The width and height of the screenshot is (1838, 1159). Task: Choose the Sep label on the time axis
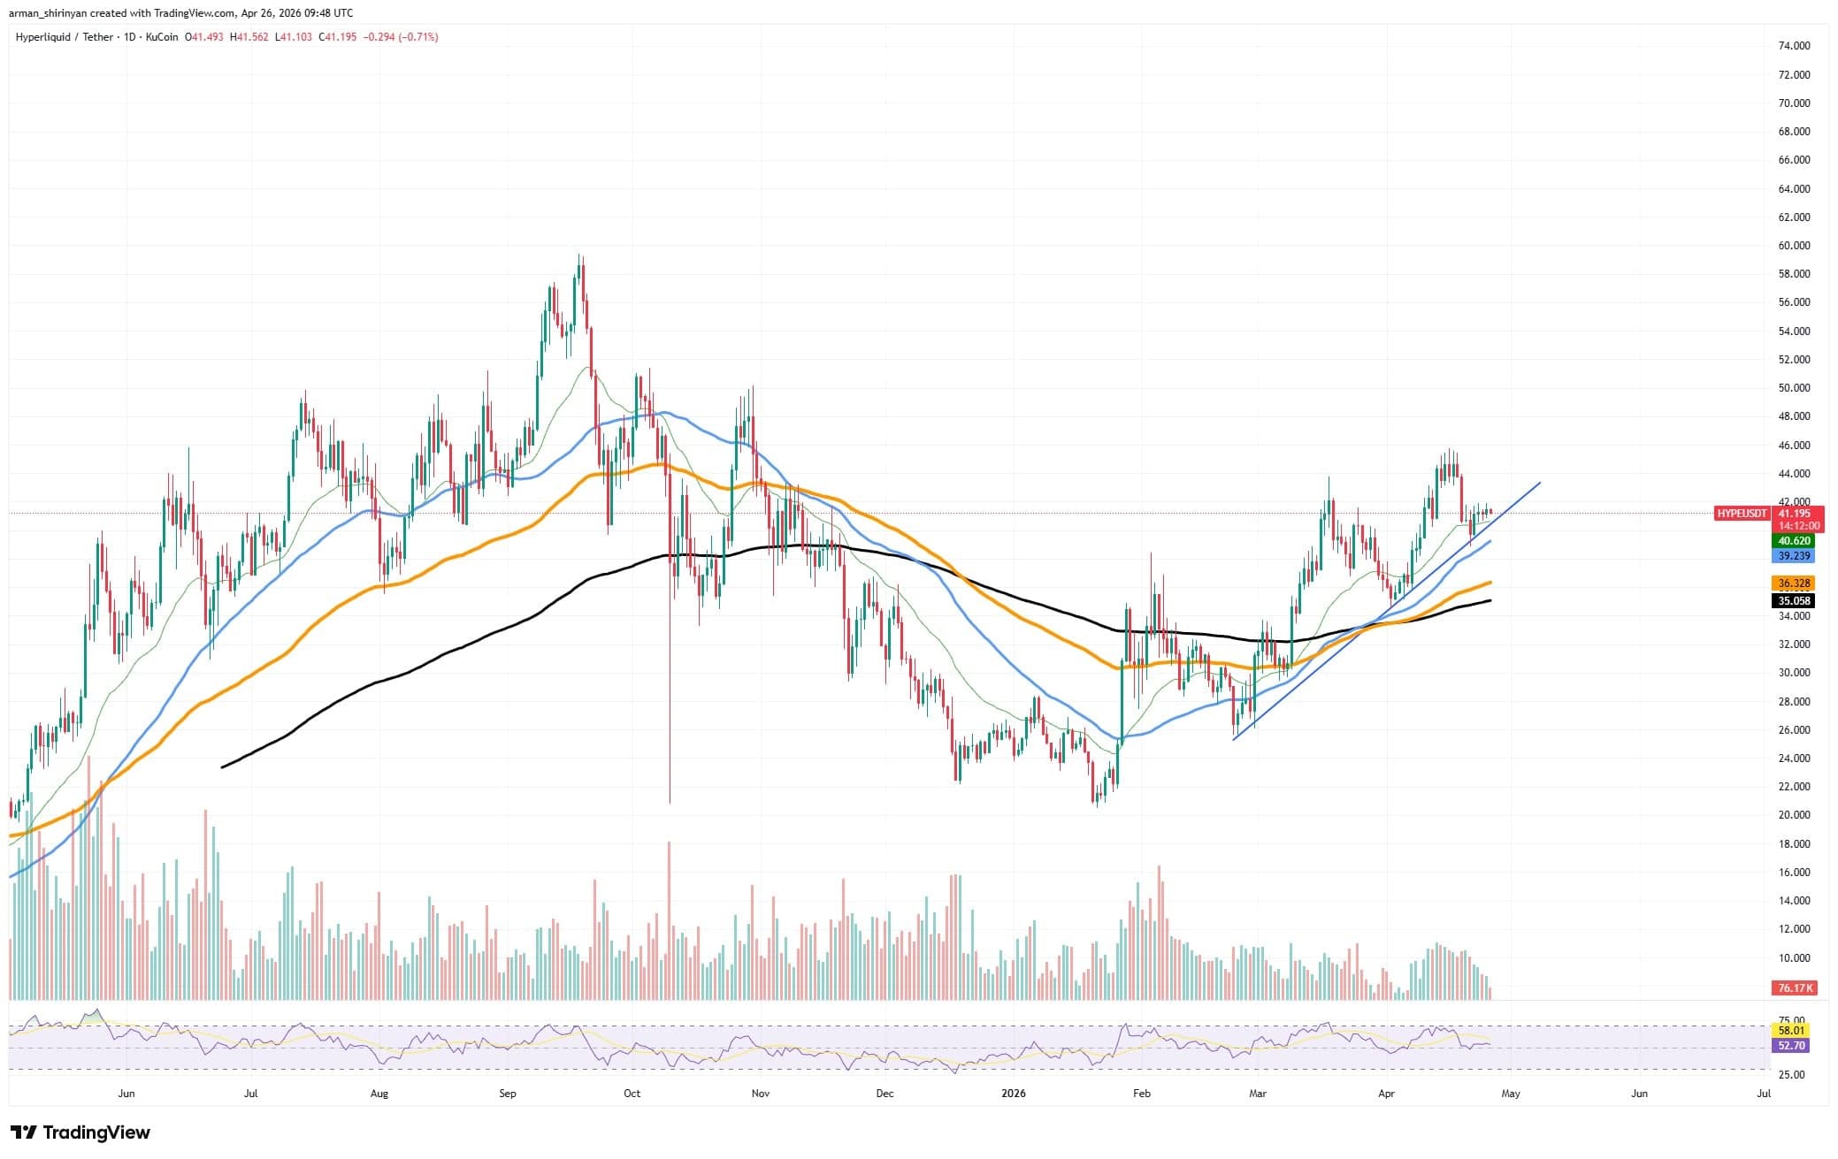coord(507,1094)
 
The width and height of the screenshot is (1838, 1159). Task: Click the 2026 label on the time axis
coord(1013,1094)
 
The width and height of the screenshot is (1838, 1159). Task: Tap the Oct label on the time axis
coord(632,1094)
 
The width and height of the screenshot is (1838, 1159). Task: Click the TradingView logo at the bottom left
coord(80,1132)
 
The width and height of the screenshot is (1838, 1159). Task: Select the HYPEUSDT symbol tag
coord(1742,514)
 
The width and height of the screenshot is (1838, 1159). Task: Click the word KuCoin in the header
coord(163,37)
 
